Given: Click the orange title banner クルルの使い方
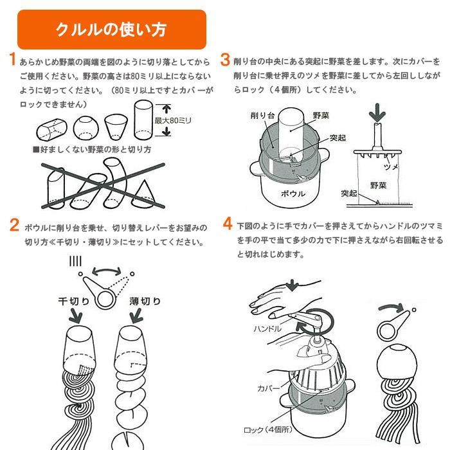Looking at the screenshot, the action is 112,30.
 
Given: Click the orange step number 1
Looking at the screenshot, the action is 12,59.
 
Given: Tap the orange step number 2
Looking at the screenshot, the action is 14,225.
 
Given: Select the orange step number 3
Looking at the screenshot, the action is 225,60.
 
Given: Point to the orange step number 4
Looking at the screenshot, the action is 228,224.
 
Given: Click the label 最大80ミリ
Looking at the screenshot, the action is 173,120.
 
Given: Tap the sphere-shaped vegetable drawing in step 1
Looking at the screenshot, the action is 85,128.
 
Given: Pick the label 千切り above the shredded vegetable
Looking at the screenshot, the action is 74,301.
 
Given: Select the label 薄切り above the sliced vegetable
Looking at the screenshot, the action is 145,301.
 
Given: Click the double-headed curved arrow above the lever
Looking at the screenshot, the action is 107,271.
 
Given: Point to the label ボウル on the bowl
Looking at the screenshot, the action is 292,194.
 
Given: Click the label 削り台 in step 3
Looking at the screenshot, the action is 262,115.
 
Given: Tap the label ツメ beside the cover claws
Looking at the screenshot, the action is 391,166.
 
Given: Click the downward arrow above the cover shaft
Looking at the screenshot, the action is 377,113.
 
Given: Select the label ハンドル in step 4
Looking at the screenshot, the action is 268,328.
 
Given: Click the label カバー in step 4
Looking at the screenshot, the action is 268,388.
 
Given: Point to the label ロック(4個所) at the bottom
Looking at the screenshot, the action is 268,429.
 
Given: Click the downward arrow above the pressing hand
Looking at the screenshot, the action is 292,285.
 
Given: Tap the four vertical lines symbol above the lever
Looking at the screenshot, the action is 76,261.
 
